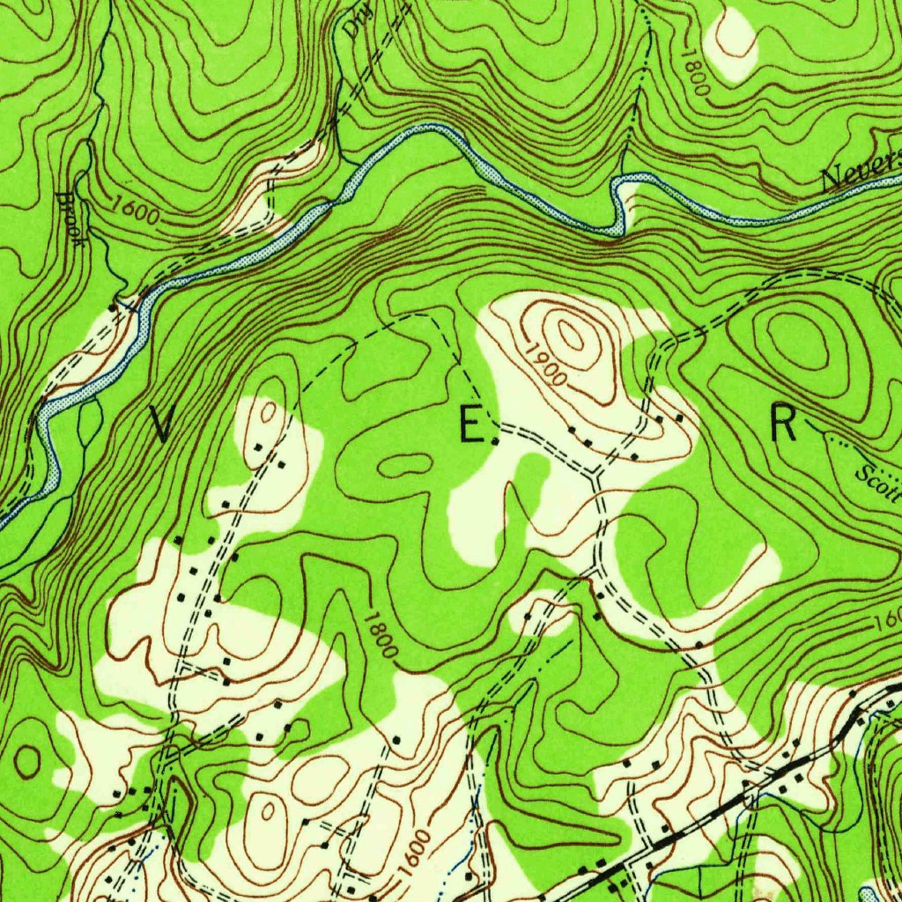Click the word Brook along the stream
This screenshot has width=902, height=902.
point(71,218)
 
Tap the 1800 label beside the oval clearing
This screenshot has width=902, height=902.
point(695,71)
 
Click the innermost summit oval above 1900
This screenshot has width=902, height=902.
point(570,335)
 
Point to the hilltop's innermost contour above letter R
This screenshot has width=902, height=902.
point(796,338)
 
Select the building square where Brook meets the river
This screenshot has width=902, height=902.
point(112,307)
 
